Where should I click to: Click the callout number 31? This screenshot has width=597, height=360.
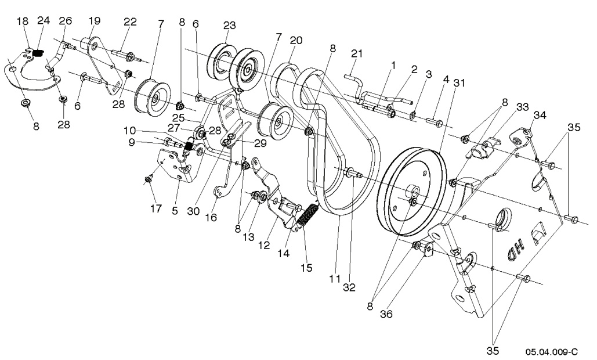[x=459, y=84]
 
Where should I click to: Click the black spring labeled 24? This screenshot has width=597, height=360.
[x=39, y=53]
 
